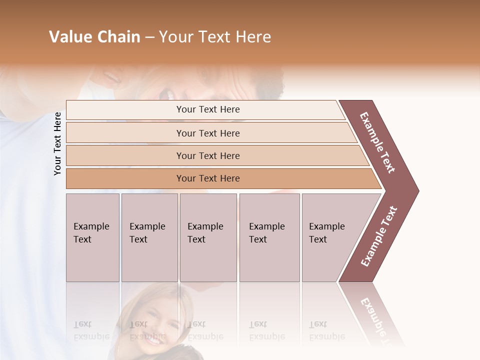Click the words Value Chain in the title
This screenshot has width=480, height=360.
(94, 37)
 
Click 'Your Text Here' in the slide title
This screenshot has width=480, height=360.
(215, 37)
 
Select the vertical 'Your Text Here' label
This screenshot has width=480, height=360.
(57, 143)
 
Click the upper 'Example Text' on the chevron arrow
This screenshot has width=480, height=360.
(377, 142)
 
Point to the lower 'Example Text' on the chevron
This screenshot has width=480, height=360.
(378, 236)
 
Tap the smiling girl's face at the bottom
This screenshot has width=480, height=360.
(152, 320)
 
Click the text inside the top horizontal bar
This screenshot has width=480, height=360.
(208, 109)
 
